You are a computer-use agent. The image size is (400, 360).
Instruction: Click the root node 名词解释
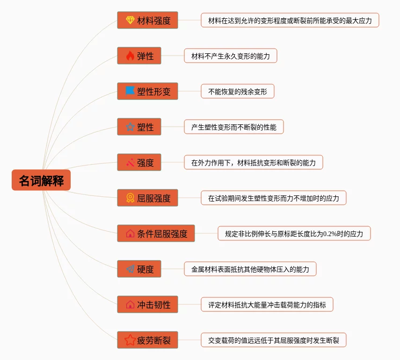click(41, 180)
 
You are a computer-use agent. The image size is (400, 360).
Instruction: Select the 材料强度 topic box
click(147, 20)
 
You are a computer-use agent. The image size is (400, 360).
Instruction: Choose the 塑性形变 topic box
click(147, 91)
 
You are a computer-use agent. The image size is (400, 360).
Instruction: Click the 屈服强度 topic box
click(147, 198)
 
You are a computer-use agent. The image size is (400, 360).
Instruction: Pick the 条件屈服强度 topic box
click(156, 233)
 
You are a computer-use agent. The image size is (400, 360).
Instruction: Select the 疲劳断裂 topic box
click(147, 340)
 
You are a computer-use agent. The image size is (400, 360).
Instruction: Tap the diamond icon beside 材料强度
click(130, 20)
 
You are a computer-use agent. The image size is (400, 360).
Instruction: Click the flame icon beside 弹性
click(130, 56)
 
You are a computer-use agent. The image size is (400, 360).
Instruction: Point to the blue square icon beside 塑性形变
click(130, 91)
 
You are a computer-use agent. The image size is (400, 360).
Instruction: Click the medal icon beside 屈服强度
click(130, 198)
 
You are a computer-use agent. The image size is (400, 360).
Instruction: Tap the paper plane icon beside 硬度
click(130, 269)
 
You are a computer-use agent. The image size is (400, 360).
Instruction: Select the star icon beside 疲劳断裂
click(130, 340)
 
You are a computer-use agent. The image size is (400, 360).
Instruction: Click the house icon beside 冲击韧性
click(130, 304)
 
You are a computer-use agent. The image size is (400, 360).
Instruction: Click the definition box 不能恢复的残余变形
click(238, 92)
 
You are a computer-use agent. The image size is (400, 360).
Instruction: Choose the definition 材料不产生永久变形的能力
click(230, 56)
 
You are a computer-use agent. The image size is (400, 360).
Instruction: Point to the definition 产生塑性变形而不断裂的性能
click(233, 127)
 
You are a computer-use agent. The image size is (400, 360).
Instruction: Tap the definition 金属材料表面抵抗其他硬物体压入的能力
click(250, 269)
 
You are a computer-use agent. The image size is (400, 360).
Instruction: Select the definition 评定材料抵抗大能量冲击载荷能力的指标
click(267, 305)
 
